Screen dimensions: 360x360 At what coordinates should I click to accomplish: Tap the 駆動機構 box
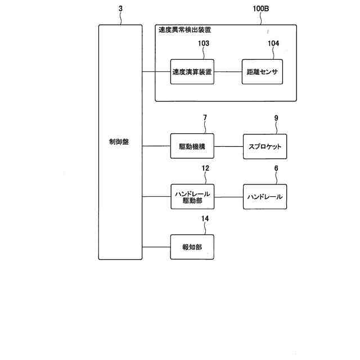192,147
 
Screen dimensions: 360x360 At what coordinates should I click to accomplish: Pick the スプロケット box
264,147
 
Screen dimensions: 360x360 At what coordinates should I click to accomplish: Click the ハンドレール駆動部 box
192,197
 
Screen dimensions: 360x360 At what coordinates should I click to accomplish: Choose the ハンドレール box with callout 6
264,197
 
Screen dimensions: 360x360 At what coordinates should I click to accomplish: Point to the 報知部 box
192,246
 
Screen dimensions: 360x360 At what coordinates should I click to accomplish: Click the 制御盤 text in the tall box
119,142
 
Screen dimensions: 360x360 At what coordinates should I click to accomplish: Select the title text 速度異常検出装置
185,30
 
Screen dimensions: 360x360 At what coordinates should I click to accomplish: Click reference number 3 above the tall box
120,10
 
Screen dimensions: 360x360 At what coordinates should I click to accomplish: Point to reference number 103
203,43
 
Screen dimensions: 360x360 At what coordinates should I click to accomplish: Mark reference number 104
273,43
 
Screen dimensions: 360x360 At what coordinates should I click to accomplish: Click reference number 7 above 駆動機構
205,118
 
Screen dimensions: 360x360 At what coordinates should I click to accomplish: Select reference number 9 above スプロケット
276,118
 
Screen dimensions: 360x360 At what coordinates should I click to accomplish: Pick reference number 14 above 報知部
205,218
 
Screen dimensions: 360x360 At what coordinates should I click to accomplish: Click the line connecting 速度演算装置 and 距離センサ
228,71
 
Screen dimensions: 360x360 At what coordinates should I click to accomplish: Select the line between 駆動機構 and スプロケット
228,147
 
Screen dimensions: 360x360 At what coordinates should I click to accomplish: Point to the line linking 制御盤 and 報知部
156,246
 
